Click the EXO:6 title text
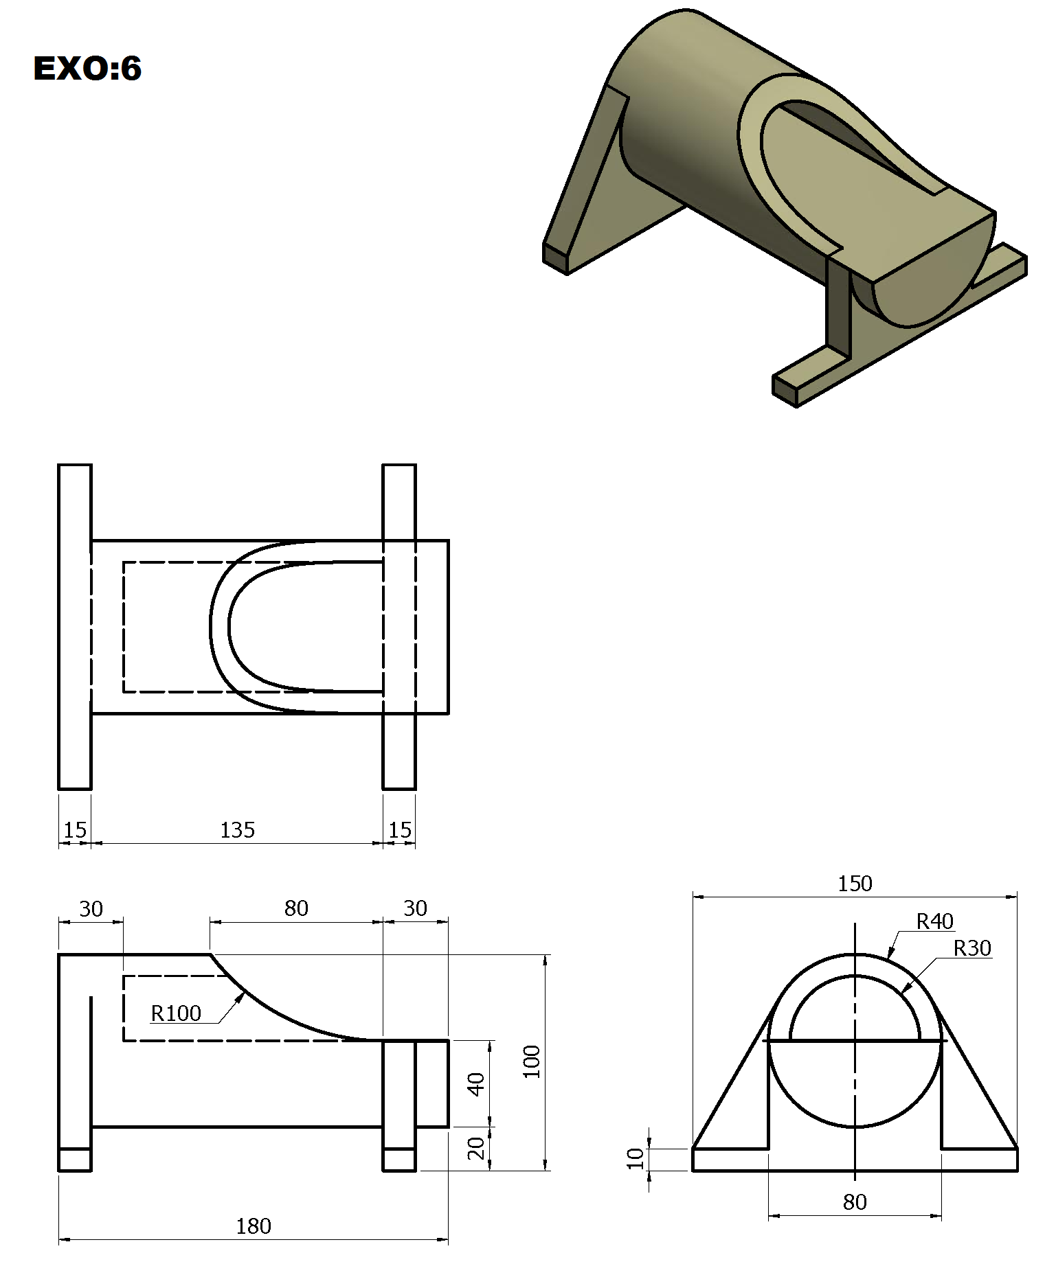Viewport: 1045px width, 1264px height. (x=87, y=69)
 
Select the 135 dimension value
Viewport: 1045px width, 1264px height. (x=237, y=830)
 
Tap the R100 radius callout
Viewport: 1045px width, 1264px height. (x=176, y=1013)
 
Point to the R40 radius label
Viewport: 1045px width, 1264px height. (x=934, y=921)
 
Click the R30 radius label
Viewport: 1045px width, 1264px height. (x=972, y=948)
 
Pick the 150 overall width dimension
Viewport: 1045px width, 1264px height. (x=855, y=883)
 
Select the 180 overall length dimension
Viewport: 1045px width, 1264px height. (x=254, y=1226)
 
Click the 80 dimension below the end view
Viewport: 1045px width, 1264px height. (x=855, y=1202)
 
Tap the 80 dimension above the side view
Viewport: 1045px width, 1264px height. (x=296, y=908)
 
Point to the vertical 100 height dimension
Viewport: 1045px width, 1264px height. (x=532, y=1061)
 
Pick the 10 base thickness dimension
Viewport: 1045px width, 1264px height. (x=636, y=1158)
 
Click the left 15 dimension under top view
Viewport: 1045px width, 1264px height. (x=75, y=830)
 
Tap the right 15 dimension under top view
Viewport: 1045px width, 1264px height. (x=399, y=830)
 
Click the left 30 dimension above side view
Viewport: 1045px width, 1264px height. (x=91, y=909)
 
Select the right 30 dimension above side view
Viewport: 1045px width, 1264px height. (x=415, y=908)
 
